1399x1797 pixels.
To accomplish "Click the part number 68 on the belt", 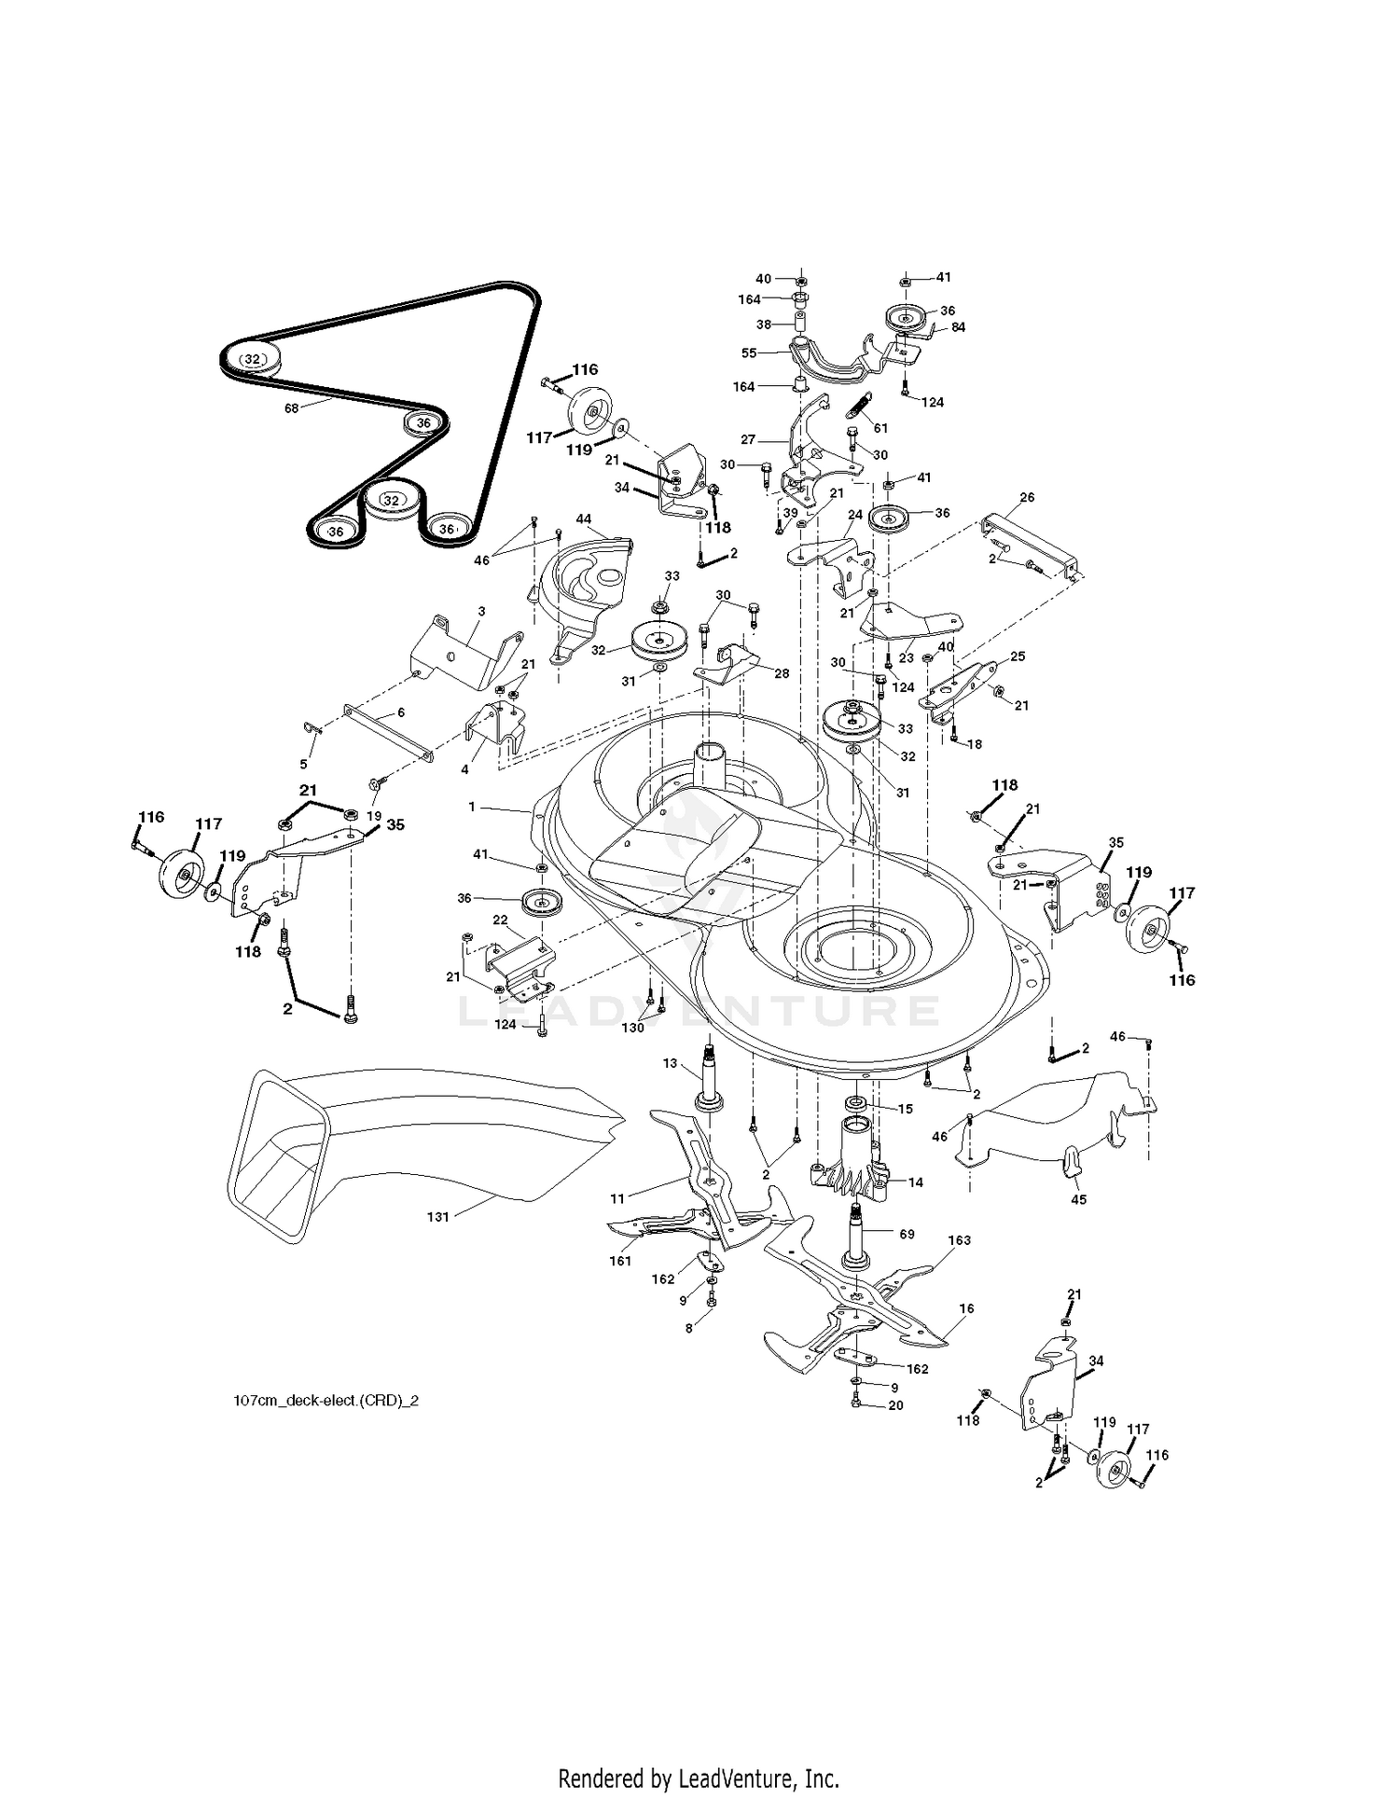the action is tap(291, 408).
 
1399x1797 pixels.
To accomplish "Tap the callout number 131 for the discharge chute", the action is tap(437, 1216).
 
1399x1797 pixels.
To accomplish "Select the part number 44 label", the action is tap(584, 518).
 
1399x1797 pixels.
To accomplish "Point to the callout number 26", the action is tap(1027, 497).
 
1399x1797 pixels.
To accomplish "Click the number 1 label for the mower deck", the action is tap(472, 806).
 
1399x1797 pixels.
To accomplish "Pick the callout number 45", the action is tap(1078, 1199).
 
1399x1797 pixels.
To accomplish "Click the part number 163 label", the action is tap(959, 1240).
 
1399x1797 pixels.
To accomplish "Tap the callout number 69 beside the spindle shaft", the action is tap(907, 1234).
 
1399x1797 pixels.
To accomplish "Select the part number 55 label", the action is tap(748, 352).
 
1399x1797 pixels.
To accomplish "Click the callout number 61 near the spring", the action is tap(880, 428).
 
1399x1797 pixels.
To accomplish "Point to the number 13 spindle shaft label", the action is tap(670, 1063).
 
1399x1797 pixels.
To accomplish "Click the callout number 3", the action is tap(481, 611).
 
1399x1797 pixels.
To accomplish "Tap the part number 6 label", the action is tap(401, 712).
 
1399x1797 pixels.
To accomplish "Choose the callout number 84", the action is tap(958, 327).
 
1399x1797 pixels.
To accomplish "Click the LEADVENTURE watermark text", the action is tap(699, 1011).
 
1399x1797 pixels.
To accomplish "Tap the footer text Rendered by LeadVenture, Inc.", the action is tap(699, 1778).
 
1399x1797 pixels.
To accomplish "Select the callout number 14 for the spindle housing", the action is tap(915, 1182).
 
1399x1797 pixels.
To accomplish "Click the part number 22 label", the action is tap(500, 919).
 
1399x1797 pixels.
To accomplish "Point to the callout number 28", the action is tap(781, 672).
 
